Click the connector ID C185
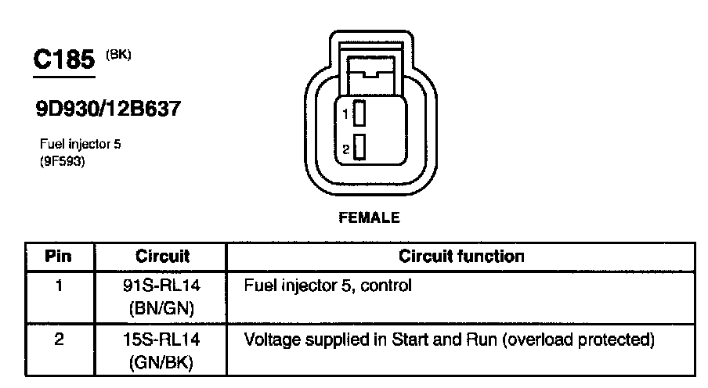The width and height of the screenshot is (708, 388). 63,61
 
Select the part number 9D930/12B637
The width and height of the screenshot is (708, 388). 107,109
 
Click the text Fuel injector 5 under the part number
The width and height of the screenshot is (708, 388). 79,145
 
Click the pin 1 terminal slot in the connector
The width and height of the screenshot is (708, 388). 359,113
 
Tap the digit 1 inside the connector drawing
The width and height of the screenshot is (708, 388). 345,114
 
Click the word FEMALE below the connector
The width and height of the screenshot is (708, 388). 368,218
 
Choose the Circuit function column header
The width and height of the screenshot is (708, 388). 461,256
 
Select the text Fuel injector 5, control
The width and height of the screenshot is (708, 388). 328,286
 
